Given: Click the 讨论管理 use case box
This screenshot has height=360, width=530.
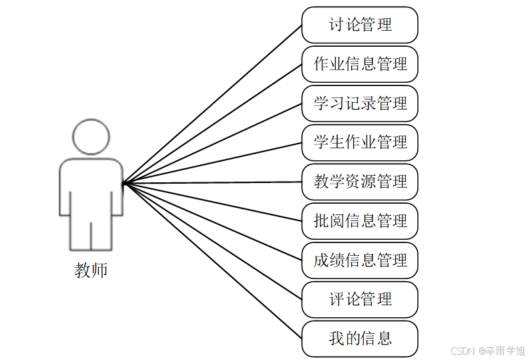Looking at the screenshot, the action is (360, 25).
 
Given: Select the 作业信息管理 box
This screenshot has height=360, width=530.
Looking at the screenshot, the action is (360, 64).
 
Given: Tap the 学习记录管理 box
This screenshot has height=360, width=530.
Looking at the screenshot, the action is (360, 104).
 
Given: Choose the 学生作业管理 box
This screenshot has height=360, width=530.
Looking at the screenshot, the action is (360, 142).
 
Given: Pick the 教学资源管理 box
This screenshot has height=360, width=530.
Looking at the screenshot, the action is (360, 182).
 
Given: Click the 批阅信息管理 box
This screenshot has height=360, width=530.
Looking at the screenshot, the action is (360, 221).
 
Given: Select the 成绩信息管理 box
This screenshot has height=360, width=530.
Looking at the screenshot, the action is (360, 260).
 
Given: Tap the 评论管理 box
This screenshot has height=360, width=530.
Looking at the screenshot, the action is (360, 299).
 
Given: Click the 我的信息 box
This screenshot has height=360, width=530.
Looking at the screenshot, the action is (360, 339).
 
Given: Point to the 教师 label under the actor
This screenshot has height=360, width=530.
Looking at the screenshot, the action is (91, 271).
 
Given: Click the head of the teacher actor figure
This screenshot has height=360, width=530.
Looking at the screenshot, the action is (91, 137).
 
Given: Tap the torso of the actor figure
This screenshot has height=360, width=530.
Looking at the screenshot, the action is (91, 187).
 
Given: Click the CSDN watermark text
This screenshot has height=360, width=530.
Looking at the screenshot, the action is (487, 351).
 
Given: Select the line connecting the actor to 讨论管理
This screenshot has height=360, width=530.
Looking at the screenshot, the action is (212, 104).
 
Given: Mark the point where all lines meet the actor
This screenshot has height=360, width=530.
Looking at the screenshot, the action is (123, 183).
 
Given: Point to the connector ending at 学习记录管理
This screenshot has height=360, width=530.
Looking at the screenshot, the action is (212, 143).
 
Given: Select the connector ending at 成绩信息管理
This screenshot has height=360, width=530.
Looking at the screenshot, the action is (212, 221).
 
